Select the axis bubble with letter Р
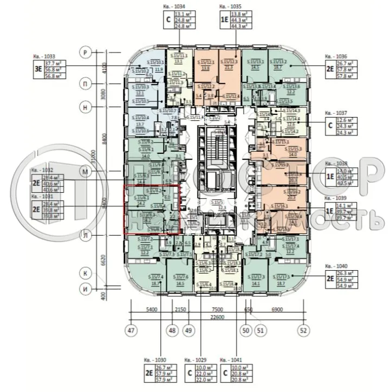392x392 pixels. (x=85, y=52)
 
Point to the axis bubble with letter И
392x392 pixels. (x=85, y=289)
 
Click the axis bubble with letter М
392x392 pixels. (x=85, y=171)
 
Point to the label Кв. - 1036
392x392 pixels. (x=336, y=56)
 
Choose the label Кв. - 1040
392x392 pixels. (x=336, y=266)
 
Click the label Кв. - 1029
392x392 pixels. (x=195, y=359)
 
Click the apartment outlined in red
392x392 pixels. (x=152, y=210)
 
